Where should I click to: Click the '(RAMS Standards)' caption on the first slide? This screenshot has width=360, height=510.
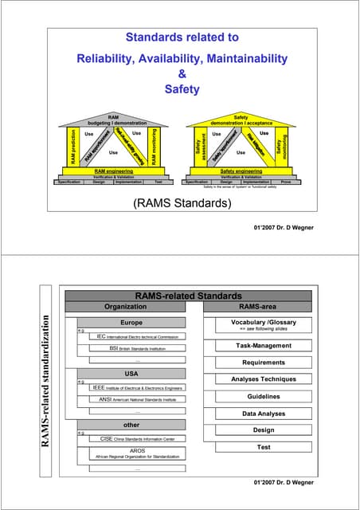pos(179,203)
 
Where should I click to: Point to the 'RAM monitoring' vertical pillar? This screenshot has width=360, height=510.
pos(153,147)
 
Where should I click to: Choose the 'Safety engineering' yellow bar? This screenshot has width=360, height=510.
pos(241,171)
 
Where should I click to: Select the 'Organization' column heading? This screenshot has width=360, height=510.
pos(126,306)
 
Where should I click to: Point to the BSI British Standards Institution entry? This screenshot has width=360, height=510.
pos(137,348)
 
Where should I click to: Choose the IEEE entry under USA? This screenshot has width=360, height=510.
pos(137,387)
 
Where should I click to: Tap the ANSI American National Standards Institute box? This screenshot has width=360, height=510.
pos(137,398)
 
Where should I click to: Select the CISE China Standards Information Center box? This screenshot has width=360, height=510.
pos(137,438)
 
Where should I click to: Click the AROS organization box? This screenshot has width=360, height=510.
pos(137,453)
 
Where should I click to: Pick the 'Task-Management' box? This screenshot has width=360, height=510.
pos(263,346)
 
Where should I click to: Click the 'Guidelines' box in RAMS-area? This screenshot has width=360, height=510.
pos(263,396)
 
